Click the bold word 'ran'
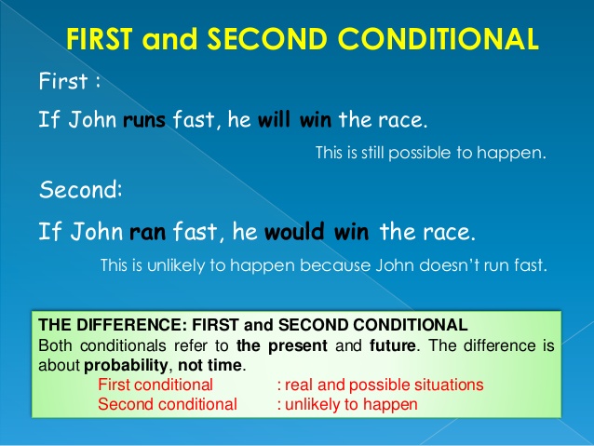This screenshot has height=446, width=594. (x=146, y=229)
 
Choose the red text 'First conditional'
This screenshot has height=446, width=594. (x=155, y=384)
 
